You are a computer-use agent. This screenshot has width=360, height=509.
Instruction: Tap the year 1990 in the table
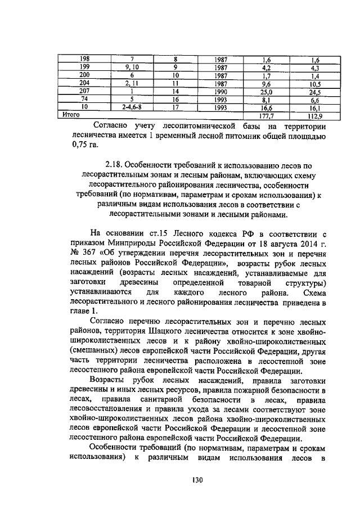[x=220, y=91]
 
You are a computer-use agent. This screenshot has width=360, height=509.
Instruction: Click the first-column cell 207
[x=84, y=91]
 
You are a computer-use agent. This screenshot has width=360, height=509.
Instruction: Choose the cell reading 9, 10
[x=131, y=67]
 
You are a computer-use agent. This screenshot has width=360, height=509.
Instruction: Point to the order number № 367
[x=83, y=252]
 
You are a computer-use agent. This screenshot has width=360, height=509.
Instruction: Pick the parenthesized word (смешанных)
[x=92, y=352]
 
